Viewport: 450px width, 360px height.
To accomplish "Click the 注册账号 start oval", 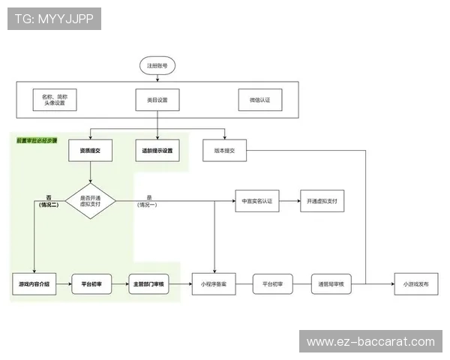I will [157, 66].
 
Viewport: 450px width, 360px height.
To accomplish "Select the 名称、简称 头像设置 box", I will [55, 100].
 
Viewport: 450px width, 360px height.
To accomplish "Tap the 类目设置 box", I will [157, 100].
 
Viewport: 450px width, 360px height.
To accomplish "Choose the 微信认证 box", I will [259, 100].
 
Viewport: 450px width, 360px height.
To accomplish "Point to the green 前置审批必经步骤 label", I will [37, 140].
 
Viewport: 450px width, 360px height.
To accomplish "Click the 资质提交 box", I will [90, 151].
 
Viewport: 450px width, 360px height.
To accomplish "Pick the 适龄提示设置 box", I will [157, 151].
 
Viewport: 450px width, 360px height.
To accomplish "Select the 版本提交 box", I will [224, 151].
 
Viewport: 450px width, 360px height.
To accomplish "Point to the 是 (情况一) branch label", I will [148, 201].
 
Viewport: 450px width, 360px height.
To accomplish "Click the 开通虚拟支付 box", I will [322, 201].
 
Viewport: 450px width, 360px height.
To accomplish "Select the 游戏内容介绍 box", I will [34, 285].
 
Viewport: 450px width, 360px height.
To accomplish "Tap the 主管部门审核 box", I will [151, 285].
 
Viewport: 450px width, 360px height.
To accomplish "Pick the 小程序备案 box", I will [214, 285].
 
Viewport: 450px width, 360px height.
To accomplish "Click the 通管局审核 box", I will [333, 285].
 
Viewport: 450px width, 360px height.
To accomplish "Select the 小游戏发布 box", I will [416, 285].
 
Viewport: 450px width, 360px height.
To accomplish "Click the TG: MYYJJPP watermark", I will [54, 19].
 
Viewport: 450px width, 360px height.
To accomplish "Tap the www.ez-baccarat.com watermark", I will [370, 342].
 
